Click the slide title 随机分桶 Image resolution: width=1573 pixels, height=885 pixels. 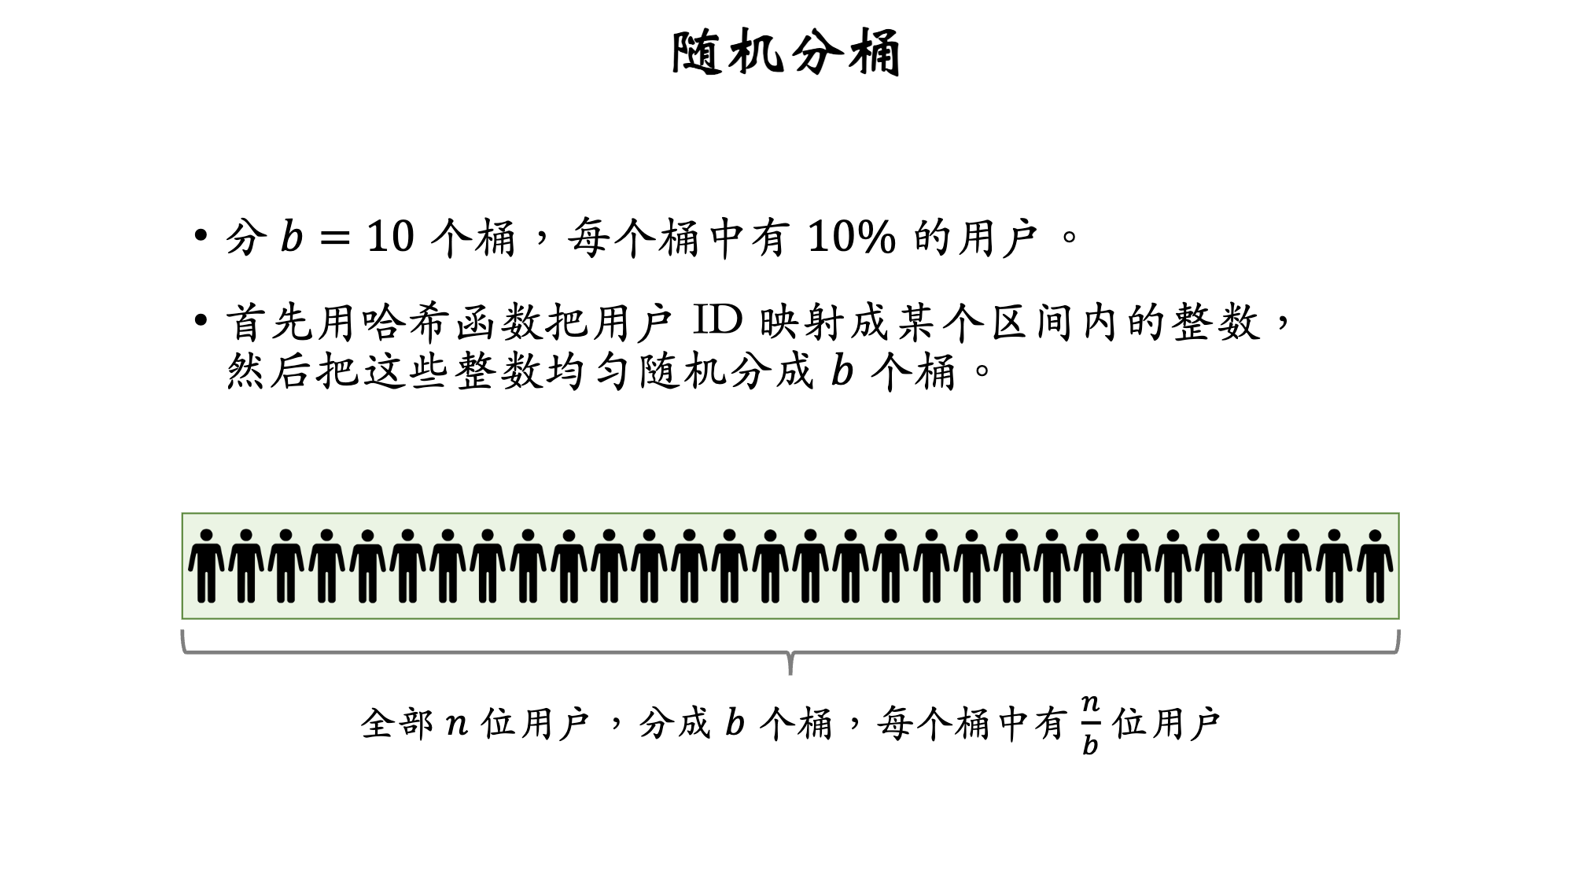click(786, 53)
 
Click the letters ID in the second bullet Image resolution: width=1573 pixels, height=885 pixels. click(717, 321)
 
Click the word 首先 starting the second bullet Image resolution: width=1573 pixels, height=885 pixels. click(271, 323)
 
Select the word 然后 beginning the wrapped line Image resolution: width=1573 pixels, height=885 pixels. click(271, 371)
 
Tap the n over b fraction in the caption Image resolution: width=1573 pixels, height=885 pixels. click(1089, 724)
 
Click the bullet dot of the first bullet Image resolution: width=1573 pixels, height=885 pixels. click(201, 236)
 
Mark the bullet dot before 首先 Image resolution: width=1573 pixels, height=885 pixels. click(201, 321)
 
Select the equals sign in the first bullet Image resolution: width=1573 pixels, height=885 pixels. click(336, 237)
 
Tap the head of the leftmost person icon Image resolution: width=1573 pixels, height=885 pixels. click(206, 536)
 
